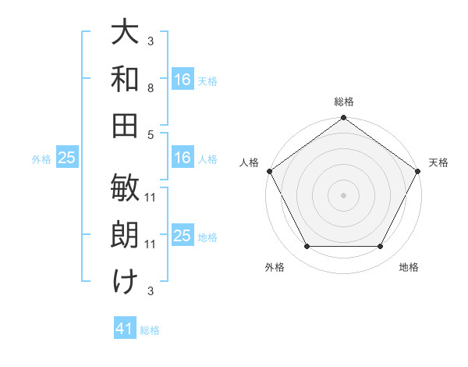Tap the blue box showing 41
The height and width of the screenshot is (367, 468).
pos(125,329)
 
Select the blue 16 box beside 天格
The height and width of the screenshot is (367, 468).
pos(183,79)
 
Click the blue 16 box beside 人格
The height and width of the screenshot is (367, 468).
pos(183,158)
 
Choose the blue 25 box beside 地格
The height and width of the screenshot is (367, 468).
pos(183,236)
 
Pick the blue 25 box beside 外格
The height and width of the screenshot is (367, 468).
pos(66,158)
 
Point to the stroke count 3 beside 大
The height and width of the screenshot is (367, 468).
pos(151,41)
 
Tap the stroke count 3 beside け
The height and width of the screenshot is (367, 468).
pos(151,290)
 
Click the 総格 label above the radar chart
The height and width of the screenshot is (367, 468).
pos(344,102)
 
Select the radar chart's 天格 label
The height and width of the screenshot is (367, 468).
pos(439,162)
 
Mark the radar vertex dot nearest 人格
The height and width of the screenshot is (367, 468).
pos(270,171)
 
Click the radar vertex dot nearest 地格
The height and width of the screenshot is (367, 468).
pos(381,247)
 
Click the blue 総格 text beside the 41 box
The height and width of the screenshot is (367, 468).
pos(150,330)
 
